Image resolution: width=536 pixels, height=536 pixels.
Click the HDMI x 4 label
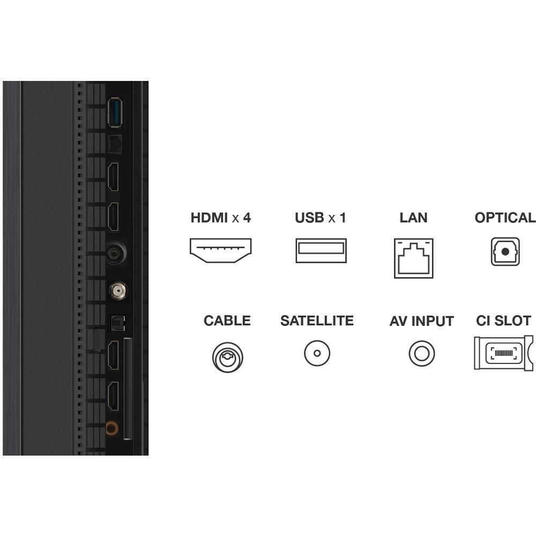[220, 218]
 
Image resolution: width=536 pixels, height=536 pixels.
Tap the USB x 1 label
[321, 218]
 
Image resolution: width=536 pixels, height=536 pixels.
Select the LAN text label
[413, 218]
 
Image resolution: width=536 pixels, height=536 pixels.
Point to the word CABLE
[227, 321]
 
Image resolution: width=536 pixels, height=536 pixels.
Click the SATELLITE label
[317, 321]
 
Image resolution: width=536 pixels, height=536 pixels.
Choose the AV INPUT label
[421, 321]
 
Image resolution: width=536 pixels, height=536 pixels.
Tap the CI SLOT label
[503, 321]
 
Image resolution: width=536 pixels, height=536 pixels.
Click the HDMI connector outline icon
[220, 250]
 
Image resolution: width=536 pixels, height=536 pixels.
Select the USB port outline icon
[321, 250]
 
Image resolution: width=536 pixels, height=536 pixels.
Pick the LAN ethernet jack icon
[414, 258]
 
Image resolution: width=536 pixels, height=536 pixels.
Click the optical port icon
[505, 251]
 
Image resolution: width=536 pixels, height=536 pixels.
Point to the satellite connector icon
[317, 353]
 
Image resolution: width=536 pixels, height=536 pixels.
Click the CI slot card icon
[503, 353]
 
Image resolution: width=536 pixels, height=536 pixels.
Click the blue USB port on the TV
[115, 113]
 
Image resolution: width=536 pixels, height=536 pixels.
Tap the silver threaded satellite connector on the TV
[117, 291]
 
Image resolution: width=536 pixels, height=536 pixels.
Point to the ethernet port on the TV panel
[115, 144]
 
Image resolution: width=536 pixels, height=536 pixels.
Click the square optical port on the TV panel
[117, 323]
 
